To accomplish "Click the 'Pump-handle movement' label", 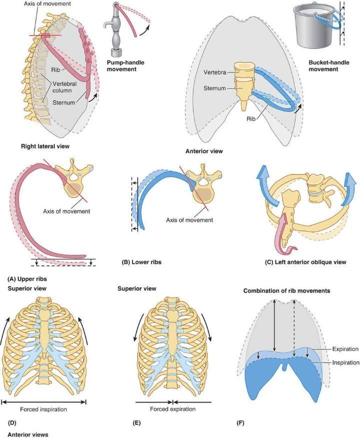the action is tap(125, 65).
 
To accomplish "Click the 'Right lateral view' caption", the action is tap(45, 146).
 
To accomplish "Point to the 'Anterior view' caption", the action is tap(204, 151).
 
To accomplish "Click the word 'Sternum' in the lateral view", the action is tap(64, 102).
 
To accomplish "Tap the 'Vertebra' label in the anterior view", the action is tap(214, 72).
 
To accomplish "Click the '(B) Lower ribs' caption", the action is tap(141, 262).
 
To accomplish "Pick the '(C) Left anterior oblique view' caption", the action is tap(305, 262).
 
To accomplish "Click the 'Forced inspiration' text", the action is tap(43, 409).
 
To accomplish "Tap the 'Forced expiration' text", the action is tap(173, 409).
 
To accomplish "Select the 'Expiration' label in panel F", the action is tap(345, 349).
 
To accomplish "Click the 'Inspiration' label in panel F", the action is tap(345, 363).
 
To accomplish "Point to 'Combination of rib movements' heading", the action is tap(286, 291).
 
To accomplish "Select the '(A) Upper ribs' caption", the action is tap(27, 279).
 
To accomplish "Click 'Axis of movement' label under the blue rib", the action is tap(189, 220).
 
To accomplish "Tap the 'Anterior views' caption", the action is tap(28, 435).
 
